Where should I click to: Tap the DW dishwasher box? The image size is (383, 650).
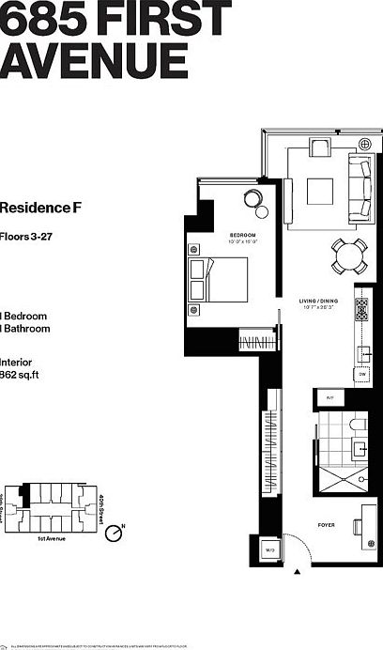pyautogui.click(x=362, y=375)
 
